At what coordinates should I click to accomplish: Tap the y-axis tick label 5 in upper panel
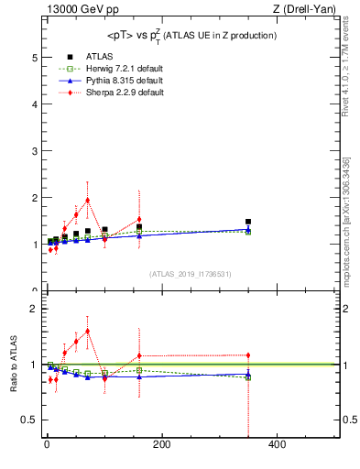pyautogui.click(x=34, y=57)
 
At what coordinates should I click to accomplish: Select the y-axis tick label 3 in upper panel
pyautogui.click(x=34, y=150)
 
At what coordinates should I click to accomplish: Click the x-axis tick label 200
pyautogui.click(x=161, y=445)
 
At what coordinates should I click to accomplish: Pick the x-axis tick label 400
pyautogui.click(x=277, y=445)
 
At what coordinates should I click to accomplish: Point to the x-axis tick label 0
pyautogui.click(x=47, y=445)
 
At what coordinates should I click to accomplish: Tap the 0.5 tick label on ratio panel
pyautogui.click(x=30, y=420)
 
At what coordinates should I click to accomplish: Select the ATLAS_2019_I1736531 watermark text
pyautogui.click(x=191, y=274)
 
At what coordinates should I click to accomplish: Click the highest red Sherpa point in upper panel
pyautogui.click(x=87, y=200)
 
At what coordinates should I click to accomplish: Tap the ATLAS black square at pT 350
pyautogui.click(x=248, y=222)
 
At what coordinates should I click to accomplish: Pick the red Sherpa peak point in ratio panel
pyautogui.click(x=87, y=331)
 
